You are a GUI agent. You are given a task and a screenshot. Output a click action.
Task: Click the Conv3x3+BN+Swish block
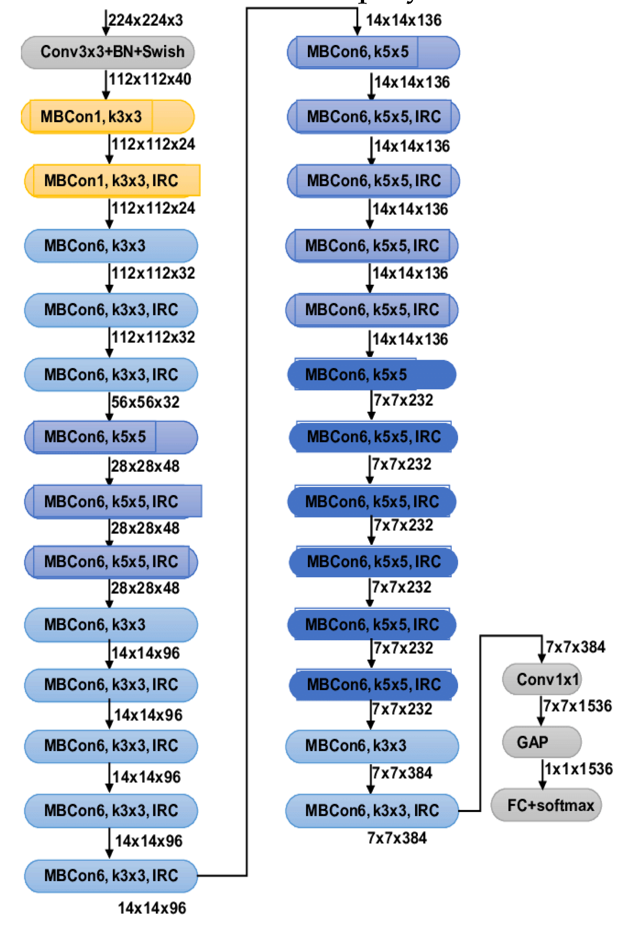108,52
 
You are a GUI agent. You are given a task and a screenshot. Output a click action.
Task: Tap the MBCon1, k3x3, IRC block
112,180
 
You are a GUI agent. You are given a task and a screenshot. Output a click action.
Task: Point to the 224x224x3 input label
145,20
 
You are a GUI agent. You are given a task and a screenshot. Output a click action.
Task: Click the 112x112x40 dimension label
150,79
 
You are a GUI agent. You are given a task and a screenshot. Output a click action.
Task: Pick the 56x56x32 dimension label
145,401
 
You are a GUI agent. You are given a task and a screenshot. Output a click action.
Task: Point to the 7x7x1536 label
576,706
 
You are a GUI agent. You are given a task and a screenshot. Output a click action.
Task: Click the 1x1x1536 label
578,769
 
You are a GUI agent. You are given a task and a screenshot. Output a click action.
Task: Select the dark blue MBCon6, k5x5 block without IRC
371,375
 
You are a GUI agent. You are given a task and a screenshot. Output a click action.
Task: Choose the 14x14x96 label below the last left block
152,908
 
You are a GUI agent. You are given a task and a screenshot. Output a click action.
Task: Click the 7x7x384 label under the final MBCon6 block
397,838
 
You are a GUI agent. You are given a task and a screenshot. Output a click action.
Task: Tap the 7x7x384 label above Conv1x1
575,647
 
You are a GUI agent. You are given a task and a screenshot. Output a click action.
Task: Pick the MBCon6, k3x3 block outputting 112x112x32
110,245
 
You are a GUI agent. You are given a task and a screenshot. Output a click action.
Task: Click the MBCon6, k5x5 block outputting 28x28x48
110,437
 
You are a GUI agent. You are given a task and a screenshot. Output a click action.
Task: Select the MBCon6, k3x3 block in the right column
371,746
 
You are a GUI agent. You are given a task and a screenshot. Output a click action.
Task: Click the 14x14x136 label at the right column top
403,20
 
